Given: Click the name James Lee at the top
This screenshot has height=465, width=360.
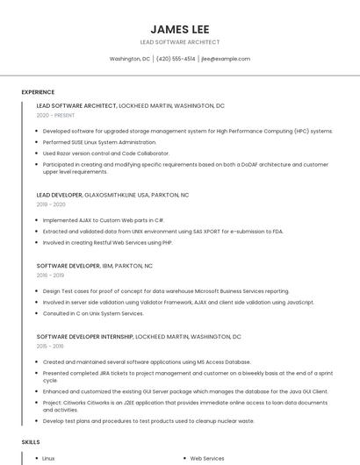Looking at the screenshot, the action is (179, 28).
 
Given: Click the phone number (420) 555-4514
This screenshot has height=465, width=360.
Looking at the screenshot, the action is (176, 59).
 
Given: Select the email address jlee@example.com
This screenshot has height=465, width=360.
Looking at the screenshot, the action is (226, 59).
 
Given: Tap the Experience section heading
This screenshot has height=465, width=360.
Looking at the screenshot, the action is (38, 92).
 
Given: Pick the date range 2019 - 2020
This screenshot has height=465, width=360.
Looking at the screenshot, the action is (51, 204).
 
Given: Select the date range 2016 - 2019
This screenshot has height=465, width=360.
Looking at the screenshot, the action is (51, 275).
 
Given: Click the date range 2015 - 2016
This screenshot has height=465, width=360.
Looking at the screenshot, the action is (51, 346).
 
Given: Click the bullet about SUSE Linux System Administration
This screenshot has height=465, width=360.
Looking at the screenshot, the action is (100, 141).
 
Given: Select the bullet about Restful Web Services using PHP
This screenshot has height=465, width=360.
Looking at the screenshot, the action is (108, 241).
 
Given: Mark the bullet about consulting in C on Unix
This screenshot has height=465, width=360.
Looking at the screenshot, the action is (93, 312).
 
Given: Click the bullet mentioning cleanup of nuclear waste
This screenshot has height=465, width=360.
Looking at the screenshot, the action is (148, 420).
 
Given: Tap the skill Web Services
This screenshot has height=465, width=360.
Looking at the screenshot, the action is (207, 458).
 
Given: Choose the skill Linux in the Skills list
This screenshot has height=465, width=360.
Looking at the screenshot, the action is (49, 458).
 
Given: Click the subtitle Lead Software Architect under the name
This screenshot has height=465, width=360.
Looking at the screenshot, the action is (179, 42).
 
